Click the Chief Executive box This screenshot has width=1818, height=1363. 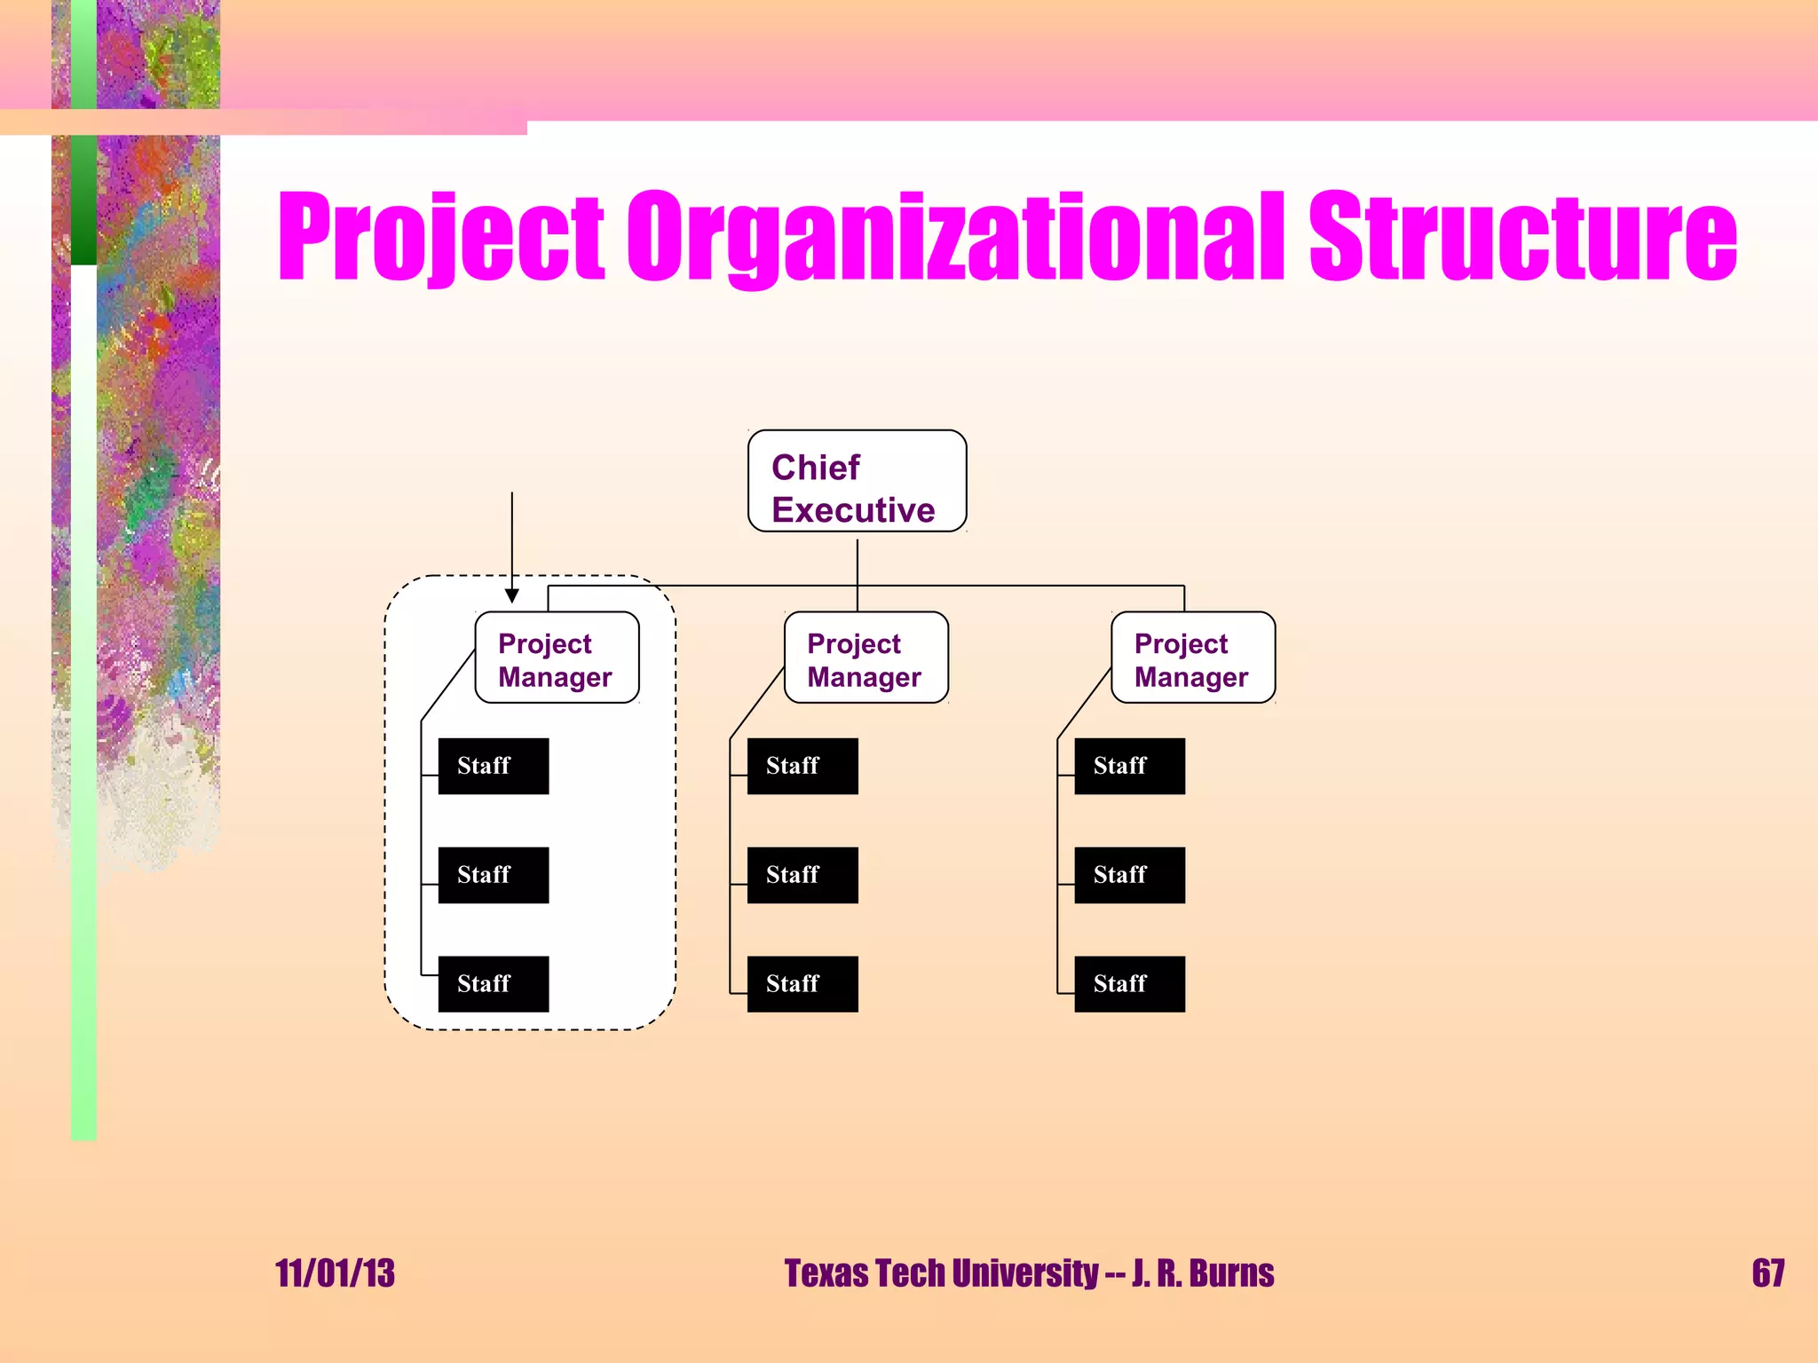click(x=857, y=481)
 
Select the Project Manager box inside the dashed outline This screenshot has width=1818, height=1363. click(x=557, y=658)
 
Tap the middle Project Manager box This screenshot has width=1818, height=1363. click(x=866, y=658)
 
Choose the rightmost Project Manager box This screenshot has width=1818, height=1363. click(x=1192, y=658)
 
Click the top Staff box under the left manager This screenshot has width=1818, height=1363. click(x=493, y=766)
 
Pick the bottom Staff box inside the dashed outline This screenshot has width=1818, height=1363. click(x=493, y=984)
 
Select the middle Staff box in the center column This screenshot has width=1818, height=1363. click(x=802, y=875)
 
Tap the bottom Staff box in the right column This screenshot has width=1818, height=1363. click(x=1129, y=984)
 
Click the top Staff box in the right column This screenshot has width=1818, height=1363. click(x=1129, y=766)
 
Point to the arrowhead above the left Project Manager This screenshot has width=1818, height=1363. click(x=512, y=595)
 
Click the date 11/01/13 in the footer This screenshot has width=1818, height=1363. click(x=335, y=1273)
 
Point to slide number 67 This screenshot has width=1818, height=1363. click(x=1767, y=1273)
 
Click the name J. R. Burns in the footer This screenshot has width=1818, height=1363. click(x=1203, y=1273)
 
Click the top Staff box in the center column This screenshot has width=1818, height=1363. click(x=802, y=766)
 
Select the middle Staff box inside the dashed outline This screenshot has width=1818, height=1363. click(x=493, y=875)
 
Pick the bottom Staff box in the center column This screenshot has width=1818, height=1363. click(x=802, y=984)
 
